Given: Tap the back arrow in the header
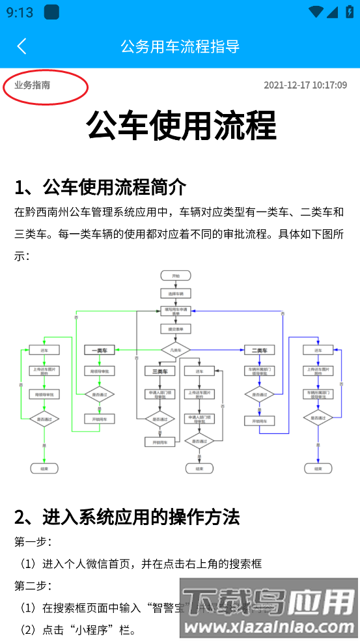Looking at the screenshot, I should [21, 46].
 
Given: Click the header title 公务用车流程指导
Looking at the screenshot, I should [180, 46].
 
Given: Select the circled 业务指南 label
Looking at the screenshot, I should [33, 85].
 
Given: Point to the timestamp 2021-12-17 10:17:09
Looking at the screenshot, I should [305, 85].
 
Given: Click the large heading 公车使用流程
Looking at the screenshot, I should [180, 125].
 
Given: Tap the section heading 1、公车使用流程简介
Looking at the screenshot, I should [100, 187].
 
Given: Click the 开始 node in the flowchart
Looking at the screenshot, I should [175, 276].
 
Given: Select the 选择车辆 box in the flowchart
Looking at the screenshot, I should [175, 293].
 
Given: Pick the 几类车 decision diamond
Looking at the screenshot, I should [175, 350].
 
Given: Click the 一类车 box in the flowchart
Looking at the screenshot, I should [100, 350].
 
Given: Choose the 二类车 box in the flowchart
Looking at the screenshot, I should [259, 350].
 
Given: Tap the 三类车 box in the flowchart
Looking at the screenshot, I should [159, 371].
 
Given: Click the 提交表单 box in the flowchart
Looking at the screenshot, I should [175, 330].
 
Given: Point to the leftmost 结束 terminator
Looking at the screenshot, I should [44, 468].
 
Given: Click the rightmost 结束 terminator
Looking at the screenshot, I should [318, 468].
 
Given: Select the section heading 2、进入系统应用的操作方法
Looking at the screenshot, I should [127, 517].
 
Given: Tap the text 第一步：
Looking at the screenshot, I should [33, 541].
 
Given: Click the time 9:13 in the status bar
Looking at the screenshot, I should [20, 12].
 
